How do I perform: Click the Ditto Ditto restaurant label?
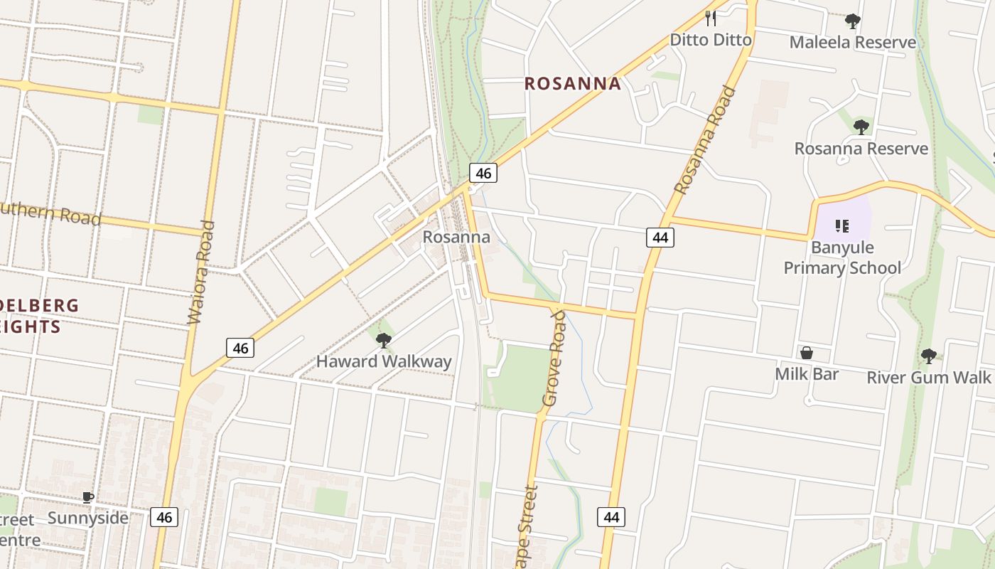coord(711,40)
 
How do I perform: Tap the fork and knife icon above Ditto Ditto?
coord(711,18)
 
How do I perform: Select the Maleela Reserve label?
coord(853,43)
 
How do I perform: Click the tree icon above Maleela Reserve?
coord(853,21)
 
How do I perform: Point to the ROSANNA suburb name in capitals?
coord(573,84)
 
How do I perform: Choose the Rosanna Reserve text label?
coord(861,149)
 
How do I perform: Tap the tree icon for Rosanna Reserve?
coord(861,127)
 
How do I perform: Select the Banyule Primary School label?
coord(842,257)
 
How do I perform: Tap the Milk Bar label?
coord(807,374)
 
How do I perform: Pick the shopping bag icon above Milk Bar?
coord(807,353)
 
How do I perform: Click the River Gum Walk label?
coord(928,377)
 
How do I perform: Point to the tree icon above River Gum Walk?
coord(928,356)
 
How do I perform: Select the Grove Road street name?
coord(554,358)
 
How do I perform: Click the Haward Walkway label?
coord(384,361)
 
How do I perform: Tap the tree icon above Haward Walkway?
coord(384,341)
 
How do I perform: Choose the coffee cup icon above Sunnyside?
coord(88,497)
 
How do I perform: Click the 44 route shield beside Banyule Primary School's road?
coord(660,238)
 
